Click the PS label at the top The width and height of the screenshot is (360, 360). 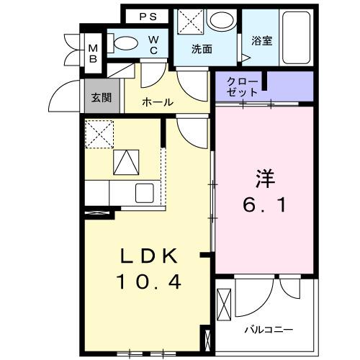tap(148, 16)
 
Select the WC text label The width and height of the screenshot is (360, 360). tap(155, 45)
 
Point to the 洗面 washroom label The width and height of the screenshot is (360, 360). tap(202, 50)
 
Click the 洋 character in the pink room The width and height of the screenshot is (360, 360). tap(264, 177)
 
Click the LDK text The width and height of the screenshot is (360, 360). tap(148, 257)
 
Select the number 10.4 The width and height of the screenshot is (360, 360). tap(148, 282)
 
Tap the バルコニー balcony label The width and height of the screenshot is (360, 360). tap(268, 330)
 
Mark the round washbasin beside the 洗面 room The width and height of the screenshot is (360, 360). tap(220, 21)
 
